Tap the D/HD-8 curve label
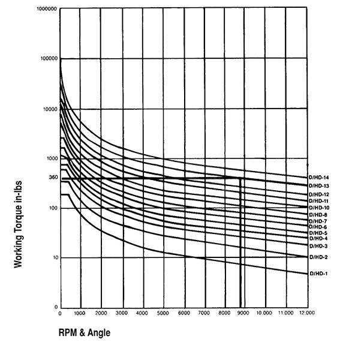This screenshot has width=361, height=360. point(318,214)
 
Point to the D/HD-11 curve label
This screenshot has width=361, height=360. point(320,201)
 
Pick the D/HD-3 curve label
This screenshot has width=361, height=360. point(318,246)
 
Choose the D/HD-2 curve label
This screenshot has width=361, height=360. point(318,257)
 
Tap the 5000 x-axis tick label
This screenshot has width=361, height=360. point(163,314)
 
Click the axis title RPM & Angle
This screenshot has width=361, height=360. point(84,331)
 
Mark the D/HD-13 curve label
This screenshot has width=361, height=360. point(320,186)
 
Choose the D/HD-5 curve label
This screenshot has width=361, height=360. point(318,233)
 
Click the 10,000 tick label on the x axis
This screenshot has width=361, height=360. point(264,314)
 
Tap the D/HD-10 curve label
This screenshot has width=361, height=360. point(320,208)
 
